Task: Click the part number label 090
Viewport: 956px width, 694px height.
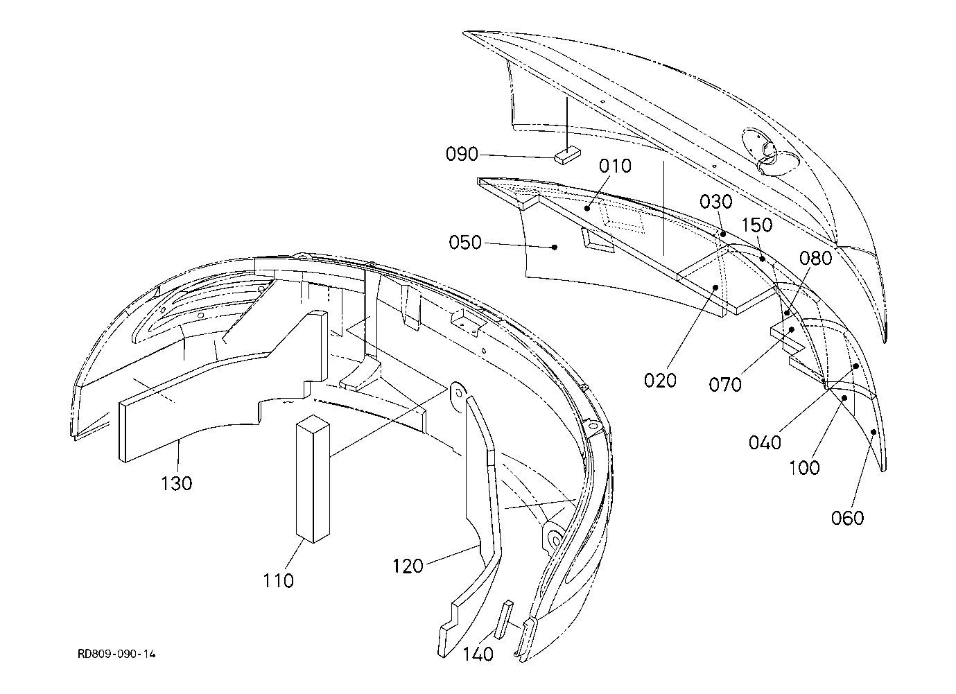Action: pos(462,154)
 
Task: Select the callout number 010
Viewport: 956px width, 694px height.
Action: pos(615,166)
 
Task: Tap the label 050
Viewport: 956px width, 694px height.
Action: pos(465,243)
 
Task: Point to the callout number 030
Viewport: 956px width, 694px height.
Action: pos(716,202)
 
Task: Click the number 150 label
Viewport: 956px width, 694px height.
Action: pos(757,225)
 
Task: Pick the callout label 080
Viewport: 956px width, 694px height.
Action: pos(815,258)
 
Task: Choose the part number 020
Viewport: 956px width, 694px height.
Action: pos(660,381)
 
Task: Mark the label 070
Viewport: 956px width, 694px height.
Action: pos(725,385)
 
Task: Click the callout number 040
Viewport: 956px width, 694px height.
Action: pos(765,442)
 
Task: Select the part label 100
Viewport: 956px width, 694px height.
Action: pos(804,468)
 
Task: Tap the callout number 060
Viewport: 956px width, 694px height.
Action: pos(848,518)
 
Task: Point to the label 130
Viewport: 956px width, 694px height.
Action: pos(176,483)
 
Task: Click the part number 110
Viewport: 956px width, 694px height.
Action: pos(278,580)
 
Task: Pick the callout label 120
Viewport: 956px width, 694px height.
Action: pos(408,566)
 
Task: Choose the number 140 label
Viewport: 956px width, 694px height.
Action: pos(478,654)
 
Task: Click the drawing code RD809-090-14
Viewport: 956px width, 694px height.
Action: pos(116,654)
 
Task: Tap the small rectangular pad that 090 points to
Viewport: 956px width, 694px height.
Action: pos(567,155)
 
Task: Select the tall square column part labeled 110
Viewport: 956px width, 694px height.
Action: pos(313,479)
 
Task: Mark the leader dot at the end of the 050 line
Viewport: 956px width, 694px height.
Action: pos(555,247)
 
